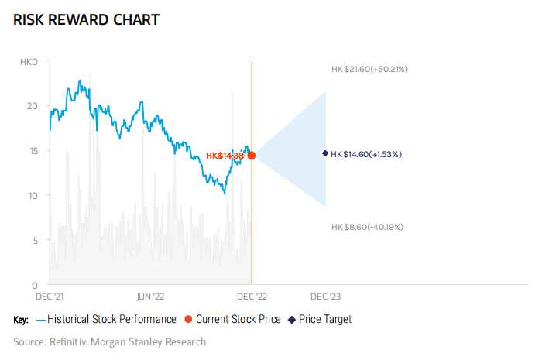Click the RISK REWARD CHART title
(x=86, y=19)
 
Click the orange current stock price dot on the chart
(x=252, y=156)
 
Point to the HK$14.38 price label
(x=225, y=156)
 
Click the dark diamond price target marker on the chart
(x=325, y=153)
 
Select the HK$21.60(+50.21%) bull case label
(x=369, y=70)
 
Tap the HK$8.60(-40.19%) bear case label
(x=367, y=227)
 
